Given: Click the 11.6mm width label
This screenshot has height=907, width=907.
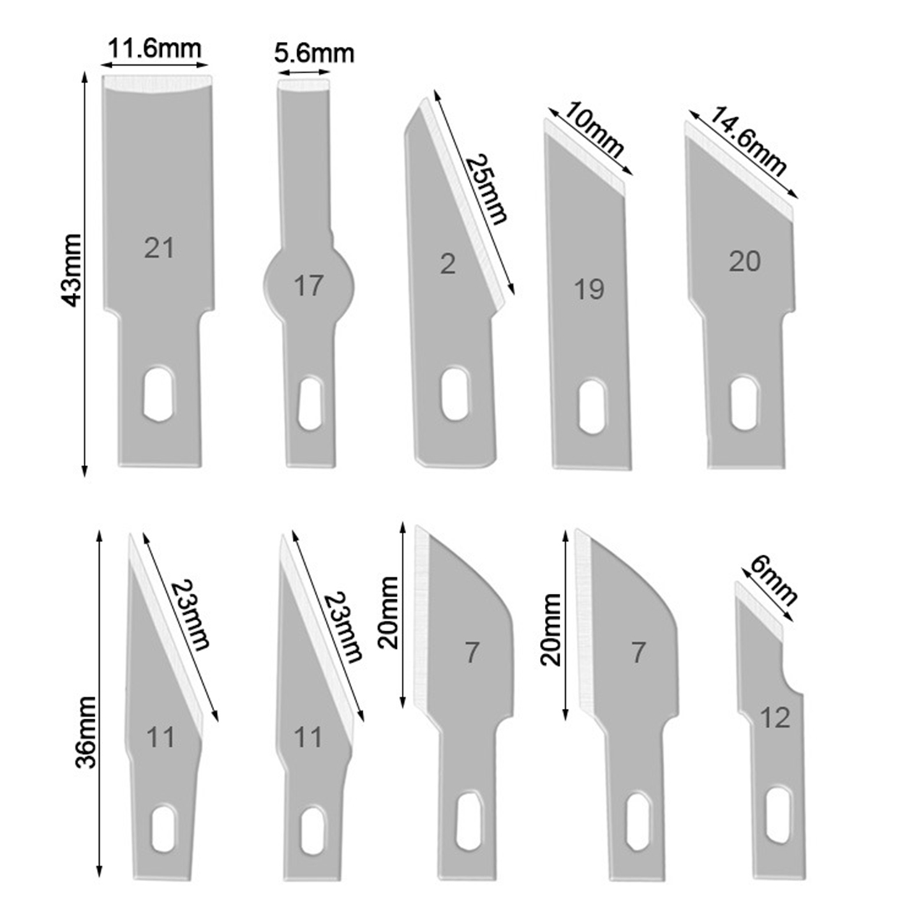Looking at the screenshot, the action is point(155,48).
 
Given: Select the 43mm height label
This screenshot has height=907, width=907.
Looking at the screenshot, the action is point(72,270).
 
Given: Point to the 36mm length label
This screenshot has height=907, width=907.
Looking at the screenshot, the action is point(86,733).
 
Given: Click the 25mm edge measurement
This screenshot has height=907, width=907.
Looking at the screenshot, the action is point(487,189).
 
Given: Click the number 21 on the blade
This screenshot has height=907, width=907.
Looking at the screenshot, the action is point(158,248).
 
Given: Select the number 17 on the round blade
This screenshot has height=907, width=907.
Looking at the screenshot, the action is point(308,285).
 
